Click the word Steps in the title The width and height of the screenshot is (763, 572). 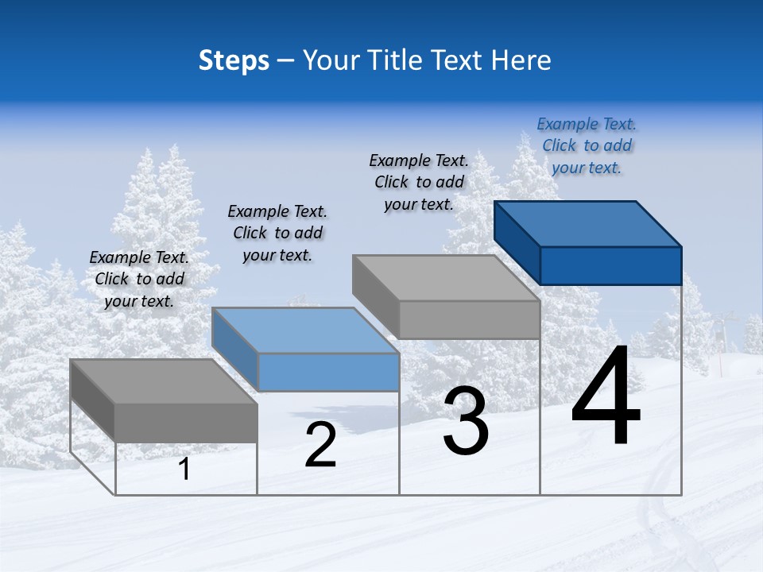234,60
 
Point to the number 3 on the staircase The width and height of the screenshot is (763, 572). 465,422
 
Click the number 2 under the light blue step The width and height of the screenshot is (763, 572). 320,446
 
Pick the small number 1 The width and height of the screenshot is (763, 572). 184,470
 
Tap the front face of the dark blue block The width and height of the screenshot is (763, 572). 610,265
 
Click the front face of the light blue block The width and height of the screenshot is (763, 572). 328,372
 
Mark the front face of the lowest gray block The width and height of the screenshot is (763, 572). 186,423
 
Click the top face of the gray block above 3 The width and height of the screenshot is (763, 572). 447,278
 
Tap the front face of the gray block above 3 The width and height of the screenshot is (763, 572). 469,319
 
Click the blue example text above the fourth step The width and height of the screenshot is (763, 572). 587,146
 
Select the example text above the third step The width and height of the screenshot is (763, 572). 419,182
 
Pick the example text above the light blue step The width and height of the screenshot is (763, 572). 277,233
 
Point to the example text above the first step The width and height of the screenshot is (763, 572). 139,279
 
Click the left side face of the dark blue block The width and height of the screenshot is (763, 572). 517,242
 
